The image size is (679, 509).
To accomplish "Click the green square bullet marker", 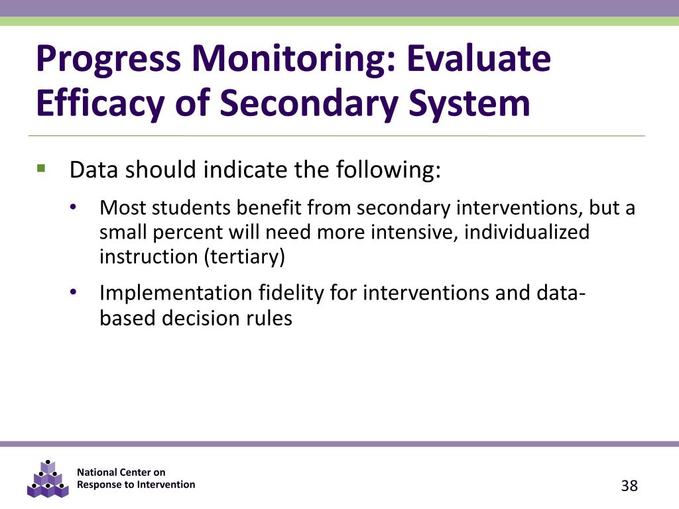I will [x=42, y=169].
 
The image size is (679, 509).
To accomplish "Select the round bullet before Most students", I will [x=74, y=208].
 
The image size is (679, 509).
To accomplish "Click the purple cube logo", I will [x=48, y=479].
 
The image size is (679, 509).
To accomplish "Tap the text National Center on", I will [x=121, y=472].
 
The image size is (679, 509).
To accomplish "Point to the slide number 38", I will [x=629, y=486].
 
